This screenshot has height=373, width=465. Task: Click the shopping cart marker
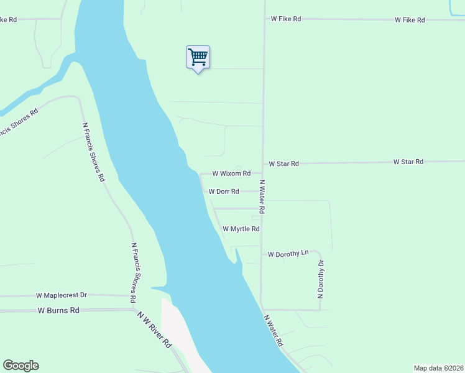(x=198, y=58)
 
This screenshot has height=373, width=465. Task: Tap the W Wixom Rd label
(x=231, y=173)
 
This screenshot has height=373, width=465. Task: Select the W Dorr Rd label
(x=224, y=191)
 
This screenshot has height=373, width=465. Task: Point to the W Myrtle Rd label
(x=241, y=229)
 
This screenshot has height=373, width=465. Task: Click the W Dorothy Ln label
(x=288, y=254)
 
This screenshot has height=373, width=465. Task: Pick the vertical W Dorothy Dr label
(x=321, y=279)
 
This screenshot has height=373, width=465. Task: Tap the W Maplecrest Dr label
(x=62, y=295)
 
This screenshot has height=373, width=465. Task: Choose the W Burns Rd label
(x=58, y=310)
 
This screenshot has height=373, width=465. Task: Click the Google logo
(x=21, y=366)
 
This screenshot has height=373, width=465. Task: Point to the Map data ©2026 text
(x=438, y=367)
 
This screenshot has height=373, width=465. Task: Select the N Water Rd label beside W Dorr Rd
(x=262, y=197)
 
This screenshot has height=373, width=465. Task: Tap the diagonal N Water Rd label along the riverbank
(x=274, y=330)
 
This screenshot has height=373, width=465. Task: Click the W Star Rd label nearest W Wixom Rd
(x=283, y=163)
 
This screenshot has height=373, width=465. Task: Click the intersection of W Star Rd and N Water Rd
(x=262, y=164)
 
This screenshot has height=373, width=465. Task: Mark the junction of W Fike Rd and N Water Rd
(x=265, y=19)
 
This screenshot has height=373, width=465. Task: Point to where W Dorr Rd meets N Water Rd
(x=262, y=191)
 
